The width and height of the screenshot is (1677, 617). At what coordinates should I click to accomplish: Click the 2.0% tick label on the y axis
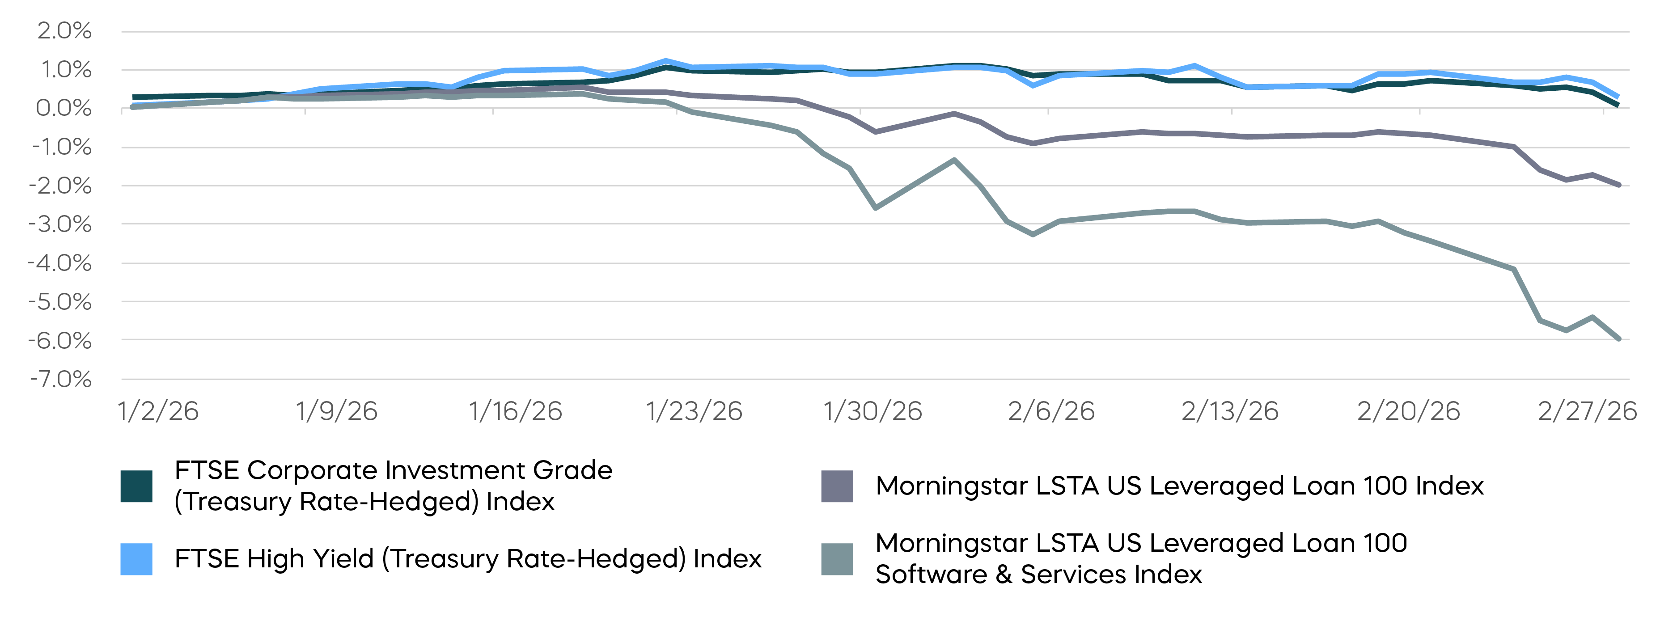click(x=64, y=30)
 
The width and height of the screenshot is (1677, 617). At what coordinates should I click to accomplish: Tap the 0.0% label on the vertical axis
click(x=64, y=108)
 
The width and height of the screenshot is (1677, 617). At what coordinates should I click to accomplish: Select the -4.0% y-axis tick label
click(x=60, y=263)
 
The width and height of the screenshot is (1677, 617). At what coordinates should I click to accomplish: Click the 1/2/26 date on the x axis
click(x=158, y=411)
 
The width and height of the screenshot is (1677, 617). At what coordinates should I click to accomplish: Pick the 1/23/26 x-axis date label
click(x=694, y=411)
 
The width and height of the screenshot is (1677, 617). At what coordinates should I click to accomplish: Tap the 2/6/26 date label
click(x=1051, y=411)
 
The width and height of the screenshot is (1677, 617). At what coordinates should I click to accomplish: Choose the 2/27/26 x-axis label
click(x=1587, y=411)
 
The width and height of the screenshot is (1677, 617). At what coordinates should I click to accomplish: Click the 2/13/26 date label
click(x=1230, y=411)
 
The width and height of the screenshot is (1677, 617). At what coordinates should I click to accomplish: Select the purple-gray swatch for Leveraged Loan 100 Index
click(x=837, y=486)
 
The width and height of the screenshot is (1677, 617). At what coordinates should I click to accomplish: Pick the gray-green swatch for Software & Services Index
click(x=837, y=559)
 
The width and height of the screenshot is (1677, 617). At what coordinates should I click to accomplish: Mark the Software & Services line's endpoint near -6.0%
click(x=1619, y=339)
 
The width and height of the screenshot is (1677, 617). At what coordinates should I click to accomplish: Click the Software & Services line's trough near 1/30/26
click(x=875, y=207)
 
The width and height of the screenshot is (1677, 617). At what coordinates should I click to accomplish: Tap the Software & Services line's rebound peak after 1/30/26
click(x=954, y=160)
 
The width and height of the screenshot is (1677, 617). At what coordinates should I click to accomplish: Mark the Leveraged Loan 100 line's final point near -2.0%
click(x=1619, y=185)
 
